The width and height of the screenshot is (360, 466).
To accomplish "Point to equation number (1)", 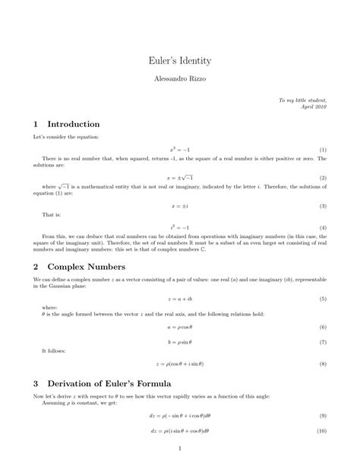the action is (x=323, y=150).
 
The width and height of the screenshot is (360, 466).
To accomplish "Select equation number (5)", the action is (x=323, y=299).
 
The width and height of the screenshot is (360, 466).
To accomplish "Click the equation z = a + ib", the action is (x=179, y=299).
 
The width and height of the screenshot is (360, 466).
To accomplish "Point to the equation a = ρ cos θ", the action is (x=179, y=326).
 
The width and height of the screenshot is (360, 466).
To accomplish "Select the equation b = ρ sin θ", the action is (x=179, y=342).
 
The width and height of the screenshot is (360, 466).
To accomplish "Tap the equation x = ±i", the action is (x=179, y=205).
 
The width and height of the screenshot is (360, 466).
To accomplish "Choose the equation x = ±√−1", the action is (x=179, y=177).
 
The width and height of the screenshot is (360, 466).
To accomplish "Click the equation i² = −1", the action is (x=179, y=227).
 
